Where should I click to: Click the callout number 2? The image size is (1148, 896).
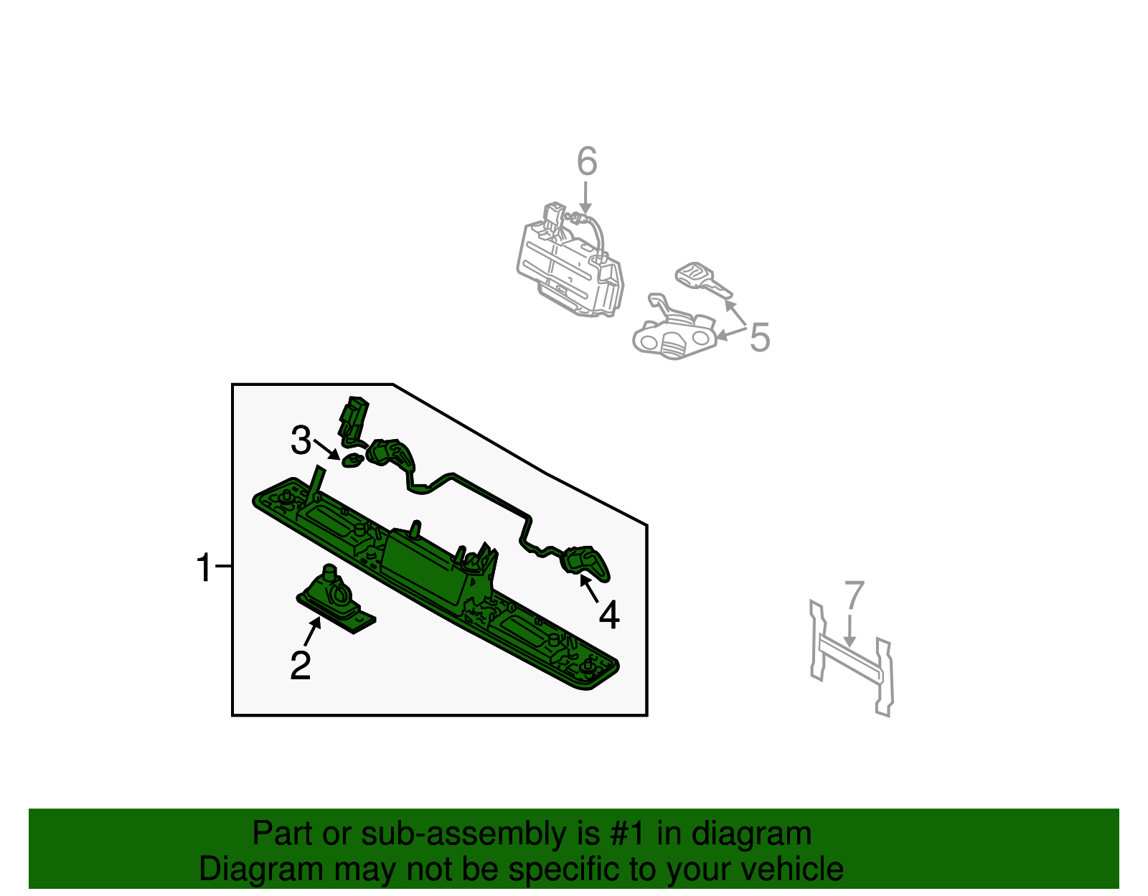point(301,666)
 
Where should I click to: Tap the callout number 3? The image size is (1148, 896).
point(301,440)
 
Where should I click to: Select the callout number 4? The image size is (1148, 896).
point(608,616)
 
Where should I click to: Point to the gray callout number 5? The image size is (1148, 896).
point(759,337)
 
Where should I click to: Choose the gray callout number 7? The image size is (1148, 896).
point(854,595)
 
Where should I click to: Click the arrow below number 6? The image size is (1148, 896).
point(585,197)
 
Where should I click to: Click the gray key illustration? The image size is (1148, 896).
point(702,280)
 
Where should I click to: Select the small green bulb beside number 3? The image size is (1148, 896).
point(352,461)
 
